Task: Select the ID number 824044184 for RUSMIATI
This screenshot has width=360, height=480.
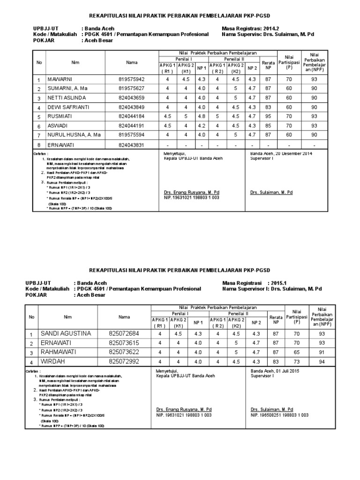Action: [x=132, y=117]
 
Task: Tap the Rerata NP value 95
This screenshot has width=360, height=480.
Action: [x=268, y=117]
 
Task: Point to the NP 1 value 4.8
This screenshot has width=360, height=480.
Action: [x=202, y=117]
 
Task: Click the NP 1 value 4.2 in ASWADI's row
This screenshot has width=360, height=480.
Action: [x=202, y=126]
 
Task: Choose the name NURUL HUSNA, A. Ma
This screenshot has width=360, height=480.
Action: [x=74, y=135]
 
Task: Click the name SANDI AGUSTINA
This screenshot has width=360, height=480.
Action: [x=66, y=333]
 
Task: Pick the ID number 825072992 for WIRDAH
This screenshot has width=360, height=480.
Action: [x=124, y=361]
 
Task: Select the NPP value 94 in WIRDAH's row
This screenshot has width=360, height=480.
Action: [x=322, y=361]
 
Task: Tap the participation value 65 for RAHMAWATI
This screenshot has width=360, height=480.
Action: [x=296, y=352]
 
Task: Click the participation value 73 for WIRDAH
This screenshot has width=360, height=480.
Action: [x=296, y=361]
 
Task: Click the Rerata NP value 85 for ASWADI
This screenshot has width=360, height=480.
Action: [x=268, y=126]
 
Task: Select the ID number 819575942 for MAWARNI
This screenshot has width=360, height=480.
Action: [x=132, y=79]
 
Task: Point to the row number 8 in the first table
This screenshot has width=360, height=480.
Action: [x=39, y=144]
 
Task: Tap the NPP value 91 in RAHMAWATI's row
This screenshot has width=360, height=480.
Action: [x=322, y=352]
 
